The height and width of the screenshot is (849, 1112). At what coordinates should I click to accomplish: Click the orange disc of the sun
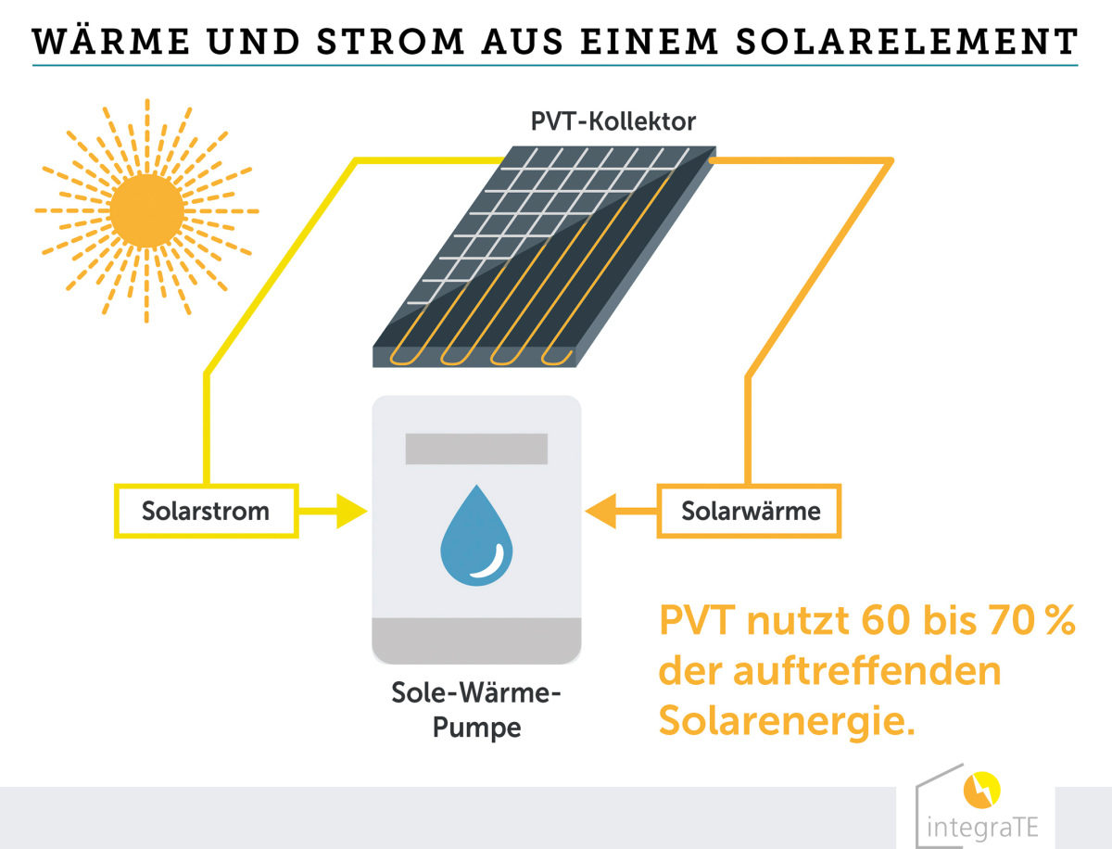point(147,211)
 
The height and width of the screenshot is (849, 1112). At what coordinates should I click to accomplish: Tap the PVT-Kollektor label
point(613,121)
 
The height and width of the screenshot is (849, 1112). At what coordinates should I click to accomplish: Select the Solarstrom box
point(207,511)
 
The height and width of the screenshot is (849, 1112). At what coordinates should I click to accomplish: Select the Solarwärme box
point(750,511)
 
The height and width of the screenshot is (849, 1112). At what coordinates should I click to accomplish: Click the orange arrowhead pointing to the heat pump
point(600,511)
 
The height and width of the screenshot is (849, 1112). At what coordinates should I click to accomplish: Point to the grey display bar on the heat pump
point(476,449)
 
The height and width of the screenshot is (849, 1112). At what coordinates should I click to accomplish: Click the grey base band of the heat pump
point(476,640)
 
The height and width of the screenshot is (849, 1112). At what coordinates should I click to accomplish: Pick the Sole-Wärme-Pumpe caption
point(476,710)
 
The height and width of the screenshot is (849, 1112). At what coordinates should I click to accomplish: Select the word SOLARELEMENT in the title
point(907,41)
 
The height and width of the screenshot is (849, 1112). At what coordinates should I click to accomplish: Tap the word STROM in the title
point(391,41)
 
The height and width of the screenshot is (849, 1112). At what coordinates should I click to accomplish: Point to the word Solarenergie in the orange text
point(788,721)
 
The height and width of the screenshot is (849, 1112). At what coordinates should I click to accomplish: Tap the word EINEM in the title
point(650,41)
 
